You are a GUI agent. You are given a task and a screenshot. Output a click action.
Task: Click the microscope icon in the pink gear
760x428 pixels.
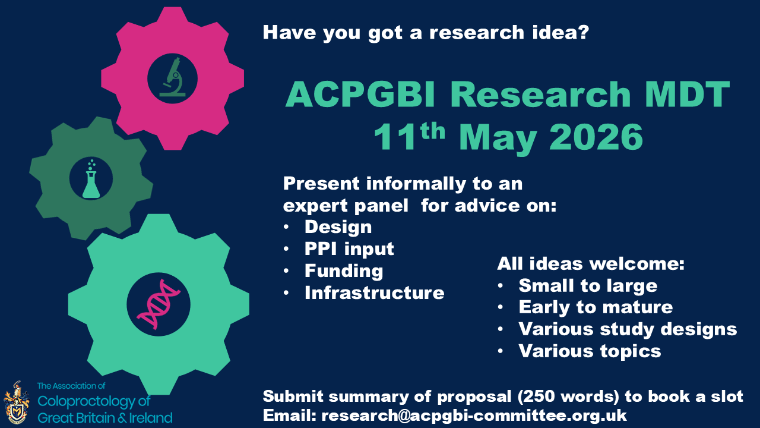173,77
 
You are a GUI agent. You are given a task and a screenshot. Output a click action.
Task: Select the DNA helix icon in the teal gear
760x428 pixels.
158,304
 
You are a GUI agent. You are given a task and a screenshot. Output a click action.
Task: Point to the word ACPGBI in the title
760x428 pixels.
360,95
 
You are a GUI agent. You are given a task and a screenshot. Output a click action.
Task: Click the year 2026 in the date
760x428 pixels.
596,137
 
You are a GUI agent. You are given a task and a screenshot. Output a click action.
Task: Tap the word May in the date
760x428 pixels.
498,139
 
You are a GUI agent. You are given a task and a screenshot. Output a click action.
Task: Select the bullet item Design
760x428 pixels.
338,227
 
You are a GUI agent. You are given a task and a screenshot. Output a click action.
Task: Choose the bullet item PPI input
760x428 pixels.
349,249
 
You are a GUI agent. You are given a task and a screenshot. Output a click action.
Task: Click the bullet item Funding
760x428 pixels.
344,271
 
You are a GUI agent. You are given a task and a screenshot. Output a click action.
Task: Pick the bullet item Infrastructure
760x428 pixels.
374,293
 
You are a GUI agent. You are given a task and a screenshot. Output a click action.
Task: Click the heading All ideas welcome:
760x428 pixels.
591,263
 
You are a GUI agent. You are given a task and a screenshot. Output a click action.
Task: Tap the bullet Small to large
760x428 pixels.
588,286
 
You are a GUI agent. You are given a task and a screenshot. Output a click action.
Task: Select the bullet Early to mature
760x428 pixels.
596,307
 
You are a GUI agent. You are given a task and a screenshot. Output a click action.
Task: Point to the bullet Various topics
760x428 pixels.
590,351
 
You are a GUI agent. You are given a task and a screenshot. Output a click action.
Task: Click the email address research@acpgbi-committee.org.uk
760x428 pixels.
474,416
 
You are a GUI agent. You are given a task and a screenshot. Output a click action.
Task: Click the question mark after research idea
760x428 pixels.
583,32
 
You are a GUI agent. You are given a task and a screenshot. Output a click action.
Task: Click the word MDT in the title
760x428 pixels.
688,95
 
